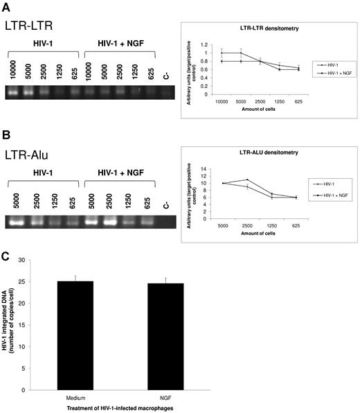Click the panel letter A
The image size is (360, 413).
(x=7, y=6)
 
